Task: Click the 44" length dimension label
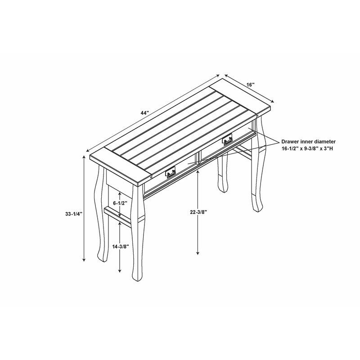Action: point(145,113)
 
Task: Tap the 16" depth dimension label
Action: point(251,85)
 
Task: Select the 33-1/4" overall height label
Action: point(74,214)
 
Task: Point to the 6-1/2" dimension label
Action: point(120,203)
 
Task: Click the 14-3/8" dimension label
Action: point(121,247)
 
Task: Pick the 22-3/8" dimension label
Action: point(198,212)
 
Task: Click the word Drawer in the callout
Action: point(289,142)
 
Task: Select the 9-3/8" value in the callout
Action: point(309,148)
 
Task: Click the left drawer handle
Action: point(171,172)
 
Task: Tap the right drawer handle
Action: point(227,139)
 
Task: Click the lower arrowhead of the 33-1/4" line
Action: point(84,260)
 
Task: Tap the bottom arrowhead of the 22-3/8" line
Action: point(198,253)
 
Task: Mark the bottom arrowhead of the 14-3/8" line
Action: point(120,270)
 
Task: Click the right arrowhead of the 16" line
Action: point(273,101)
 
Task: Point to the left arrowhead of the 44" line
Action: point(88,150)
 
